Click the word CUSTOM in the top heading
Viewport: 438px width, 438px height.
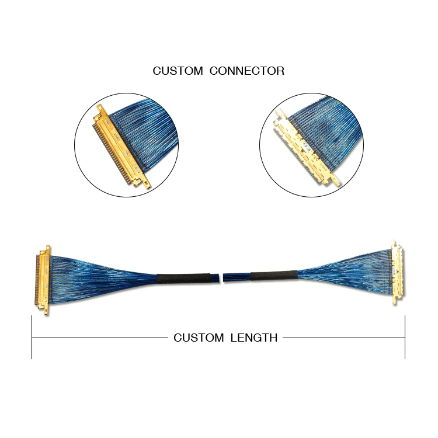178,71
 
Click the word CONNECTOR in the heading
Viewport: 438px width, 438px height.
247,71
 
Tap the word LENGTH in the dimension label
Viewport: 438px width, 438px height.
254,338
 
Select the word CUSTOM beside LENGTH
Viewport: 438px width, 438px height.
199,338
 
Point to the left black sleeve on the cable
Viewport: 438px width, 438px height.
183,278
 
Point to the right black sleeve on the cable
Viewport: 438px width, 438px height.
274,276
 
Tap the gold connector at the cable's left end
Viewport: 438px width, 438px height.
43,280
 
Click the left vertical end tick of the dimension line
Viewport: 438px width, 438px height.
32,338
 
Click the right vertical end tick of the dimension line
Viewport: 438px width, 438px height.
405,338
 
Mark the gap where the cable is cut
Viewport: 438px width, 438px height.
221,278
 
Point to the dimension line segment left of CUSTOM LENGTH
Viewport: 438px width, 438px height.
100,338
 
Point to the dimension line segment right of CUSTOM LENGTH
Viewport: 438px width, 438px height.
344,338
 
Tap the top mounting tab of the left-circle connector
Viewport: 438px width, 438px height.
100,109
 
